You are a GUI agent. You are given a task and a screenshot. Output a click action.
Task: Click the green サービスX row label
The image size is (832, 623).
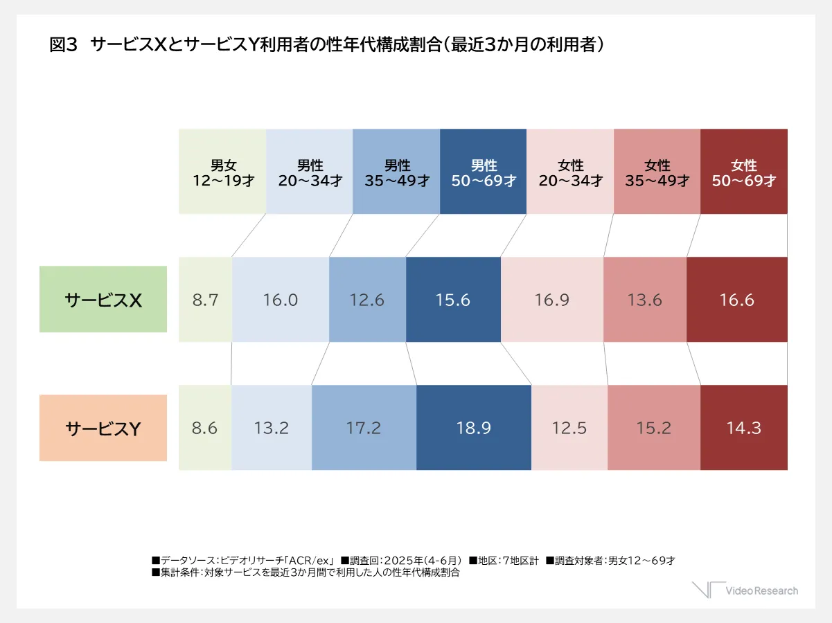click(103, 299)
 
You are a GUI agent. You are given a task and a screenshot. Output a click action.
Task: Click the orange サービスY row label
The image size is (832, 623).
click(103, 428)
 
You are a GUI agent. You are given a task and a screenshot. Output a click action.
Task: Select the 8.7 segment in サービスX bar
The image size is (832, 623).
click(205, 300)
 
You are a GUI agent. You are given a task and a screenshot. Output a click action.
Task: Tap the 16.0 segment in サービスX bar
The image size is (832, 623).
click(280, 300)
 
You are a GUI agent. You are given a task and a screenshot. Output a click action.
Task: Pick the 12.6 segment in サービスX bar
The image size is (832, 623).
click(367, 300)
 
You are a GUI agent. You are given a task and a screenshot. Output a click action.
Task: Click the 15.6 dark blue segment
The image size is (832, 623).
click(453, 300)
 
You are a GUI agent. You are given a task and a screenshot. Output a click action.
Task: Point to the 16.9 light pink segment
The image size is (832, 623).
click(552, 300)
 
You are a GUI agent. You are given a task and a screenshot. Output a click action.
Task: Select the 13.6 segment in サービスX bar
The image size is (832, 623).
click(645, 300)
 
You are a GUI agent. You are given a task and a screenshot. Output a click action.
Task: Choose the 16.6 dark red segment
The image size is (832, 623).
click(737, 300)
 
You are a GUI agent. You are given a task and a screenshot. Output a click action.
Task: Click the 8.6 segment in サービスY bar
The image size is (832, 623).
click(204, 428)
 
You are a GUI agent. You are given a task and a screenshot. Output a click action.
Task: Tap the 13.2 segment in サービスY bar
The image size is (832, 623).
click(271, 428)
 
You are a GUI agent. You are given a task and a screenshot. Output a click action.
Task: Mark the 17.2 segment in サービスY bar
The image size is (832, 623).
click(364, 428)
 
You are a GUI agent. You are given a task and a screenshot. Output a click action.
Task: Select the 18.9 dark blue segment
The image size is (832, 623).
click(474, 428)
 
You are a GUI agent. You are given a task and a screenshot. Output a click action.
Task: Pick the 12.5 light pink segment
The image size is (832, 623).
click(569, 428)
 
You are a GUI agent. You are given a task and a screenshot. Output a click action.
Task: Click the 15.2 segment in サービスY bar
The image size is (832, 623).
click(654, 428)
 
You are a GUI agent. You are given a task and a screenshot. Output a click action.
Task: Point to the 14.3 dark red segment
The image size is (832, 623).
click(744, 428)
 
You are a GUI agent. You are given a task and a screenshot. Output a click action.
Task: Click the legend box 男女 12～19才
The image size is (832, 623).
click(222, 172)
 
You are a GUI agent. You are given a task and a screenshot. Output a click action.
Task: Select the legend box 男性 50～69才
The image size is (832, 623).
click(483, 172)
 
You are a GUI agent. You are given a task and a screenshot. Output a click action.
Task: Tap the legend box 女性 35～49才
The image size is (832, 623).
click(657, 172)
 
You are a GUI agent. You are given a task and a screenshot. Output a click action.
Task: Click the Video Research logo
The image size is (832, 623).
click(745, 590)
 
